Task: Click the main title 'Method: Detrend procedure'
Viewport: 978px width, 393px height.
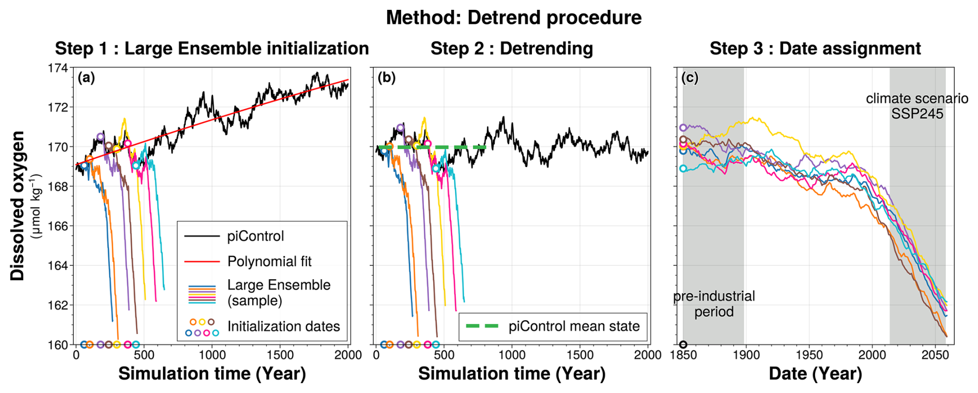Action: pyautogui.click(x=513, y=18)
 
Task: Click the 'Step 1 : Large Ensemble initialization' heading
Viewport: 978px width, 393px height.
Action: pyautogui.click(x=212, y=49)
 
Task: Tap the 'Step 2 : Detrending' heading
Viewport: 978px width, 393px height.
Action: pyautogui.click(x=512, y=49)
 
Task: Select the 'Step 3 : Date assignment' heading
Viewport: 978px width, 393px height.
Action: pyautogui.click(x=815, y=49)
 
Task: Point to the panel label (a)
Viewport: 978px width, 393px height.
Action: pyautogui.click(x=86, y=78)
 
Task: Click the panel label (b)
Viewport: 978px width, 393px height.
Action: pyautogui.click(x=386, y=78)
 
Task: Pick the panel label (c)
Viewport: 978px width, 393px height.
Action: pyautogui.click(x=690, y=78)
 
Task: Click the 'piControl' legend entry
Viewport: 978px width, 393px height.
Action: pyautogui.click(x=255, y=236)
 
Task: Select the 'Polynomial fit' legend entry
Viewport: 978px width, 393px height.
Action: pyautogui.click(x=269, y=262)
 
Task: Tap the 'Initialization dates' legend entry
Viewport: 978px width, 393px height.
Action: pyautogui.click(x=283, y=326)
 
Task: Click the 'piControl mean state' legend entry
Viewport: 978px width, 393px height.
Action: pyautogui.click(x=574, y=326)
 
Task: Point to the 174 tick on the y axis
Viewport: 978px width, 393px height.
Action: pyautogui.click(x=57, y=68)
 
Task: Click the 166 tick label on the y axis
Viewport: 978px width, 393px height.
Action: pyautogui.click(x=57, y=226)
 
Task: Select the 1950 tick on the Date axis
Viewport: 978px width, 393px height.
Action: pyautogui.click(x=809, y=355)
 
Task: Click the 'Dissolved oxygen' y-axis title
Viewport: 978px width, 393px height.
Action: pyautogui.click(x=17, y=206)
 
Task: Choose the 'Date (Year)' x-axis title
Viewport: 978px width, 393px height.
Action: pyautogui.click(x=815, y=374)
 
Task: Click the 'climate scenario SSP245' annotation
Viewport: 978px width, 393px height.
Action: pyautogui.click(x=916, y=106)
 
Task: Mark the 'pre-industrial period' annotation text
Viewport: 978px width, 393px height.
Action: pyautogui.click(x=714, y=304)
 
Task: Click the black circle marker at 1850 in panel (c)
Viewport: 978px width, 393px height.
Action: pyautogui.click(x=683, y=344)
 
